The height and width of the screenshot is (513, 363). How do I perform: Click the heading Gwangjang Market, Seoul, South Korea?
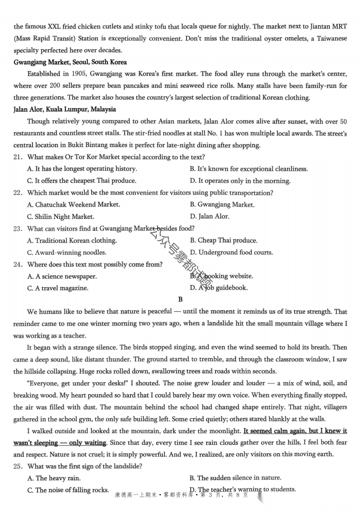tap(70, 62)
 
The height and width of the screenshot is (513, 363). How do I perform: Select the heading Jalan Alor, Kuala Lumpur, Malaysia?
tap(65, 110)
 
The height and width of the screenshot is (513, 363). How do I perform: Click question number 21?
tap(18, 157)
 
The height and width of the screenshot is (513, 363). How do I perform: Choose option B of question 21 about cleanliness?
tap(248, 169)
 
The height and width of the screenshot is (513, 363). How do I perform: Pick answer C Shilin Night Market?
tap(61, 217)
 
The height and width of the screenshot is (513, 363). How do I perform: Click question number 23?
tap(18, 229)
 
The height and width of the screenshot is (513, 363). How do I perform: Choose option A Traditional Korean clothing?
tap(72, 241)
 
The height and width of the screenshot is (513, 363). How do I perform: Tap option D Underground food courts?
tap(231, 252)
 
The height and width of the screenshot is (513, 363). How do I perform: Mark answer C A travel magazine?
tap(57, 288)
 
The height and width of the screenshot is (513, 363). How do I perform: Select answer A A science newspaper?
tap(62, 276)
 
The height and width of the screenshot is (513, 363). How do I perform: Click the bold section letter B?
tap(180, 299)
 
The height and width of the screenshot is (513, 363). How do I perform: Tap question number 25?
tap(18, 466)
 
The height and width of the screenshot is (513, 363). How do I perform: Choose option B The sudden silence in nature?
tap(235, 478)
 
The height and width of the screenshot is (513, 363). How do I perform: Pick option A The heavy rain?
tap(54, 478)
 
